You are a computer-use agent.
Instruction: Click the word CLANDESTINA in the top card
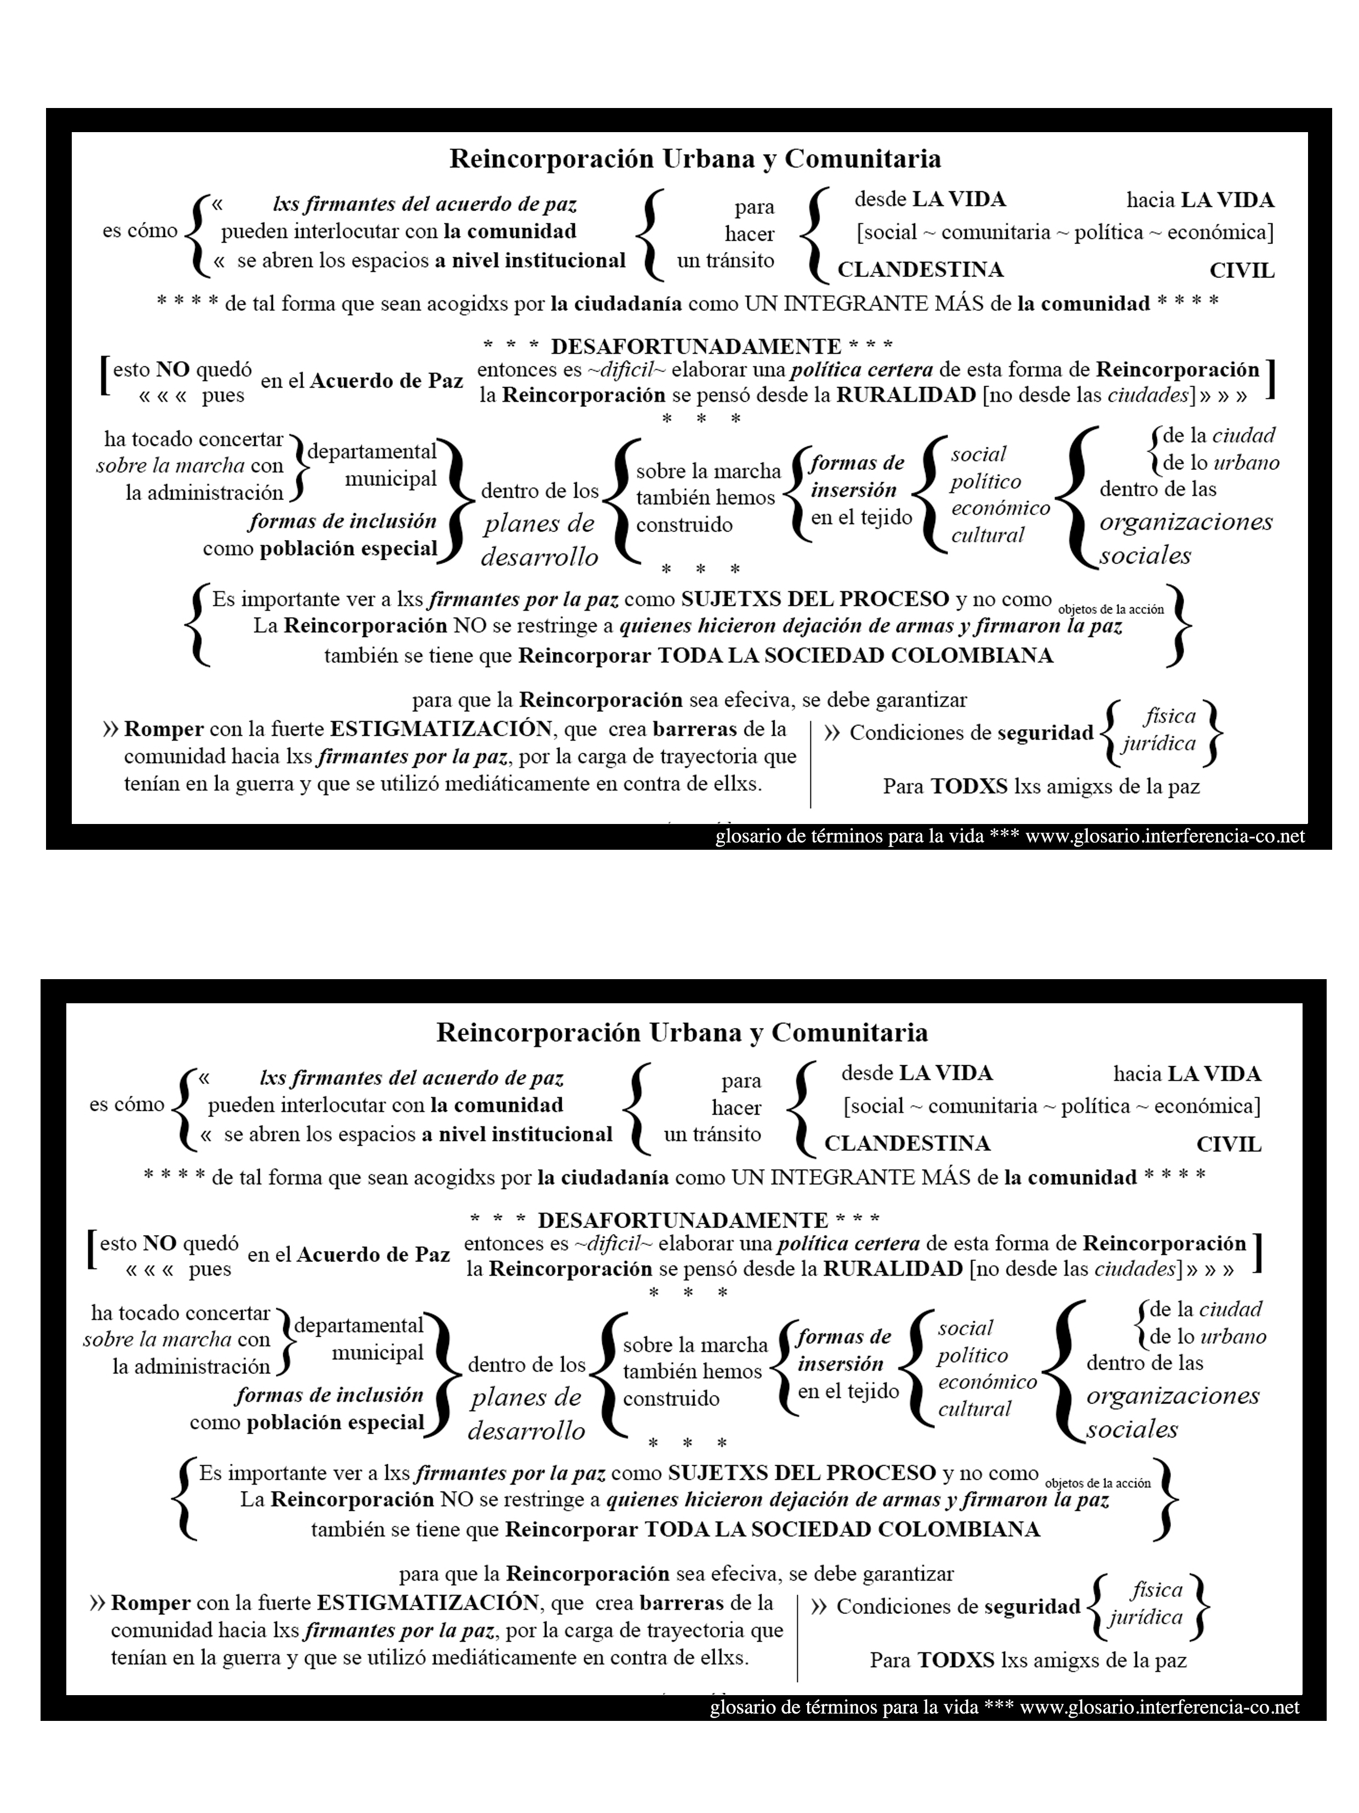coord(920,270)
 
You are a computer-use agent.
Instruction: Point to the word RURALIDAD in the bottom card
coord(892,1269)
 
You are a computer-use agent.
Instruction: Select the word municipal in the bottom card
coord(377,1352)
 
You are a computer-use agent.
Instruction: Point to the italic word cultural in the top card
coord(987,535)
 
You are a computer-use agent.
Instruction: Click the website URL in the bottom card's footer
coord(1159,1707)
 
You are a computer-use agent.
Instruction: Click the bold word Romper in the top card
coord(164,729)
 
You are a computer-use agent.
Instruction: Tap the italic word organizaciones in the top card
coord(1185,521)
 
